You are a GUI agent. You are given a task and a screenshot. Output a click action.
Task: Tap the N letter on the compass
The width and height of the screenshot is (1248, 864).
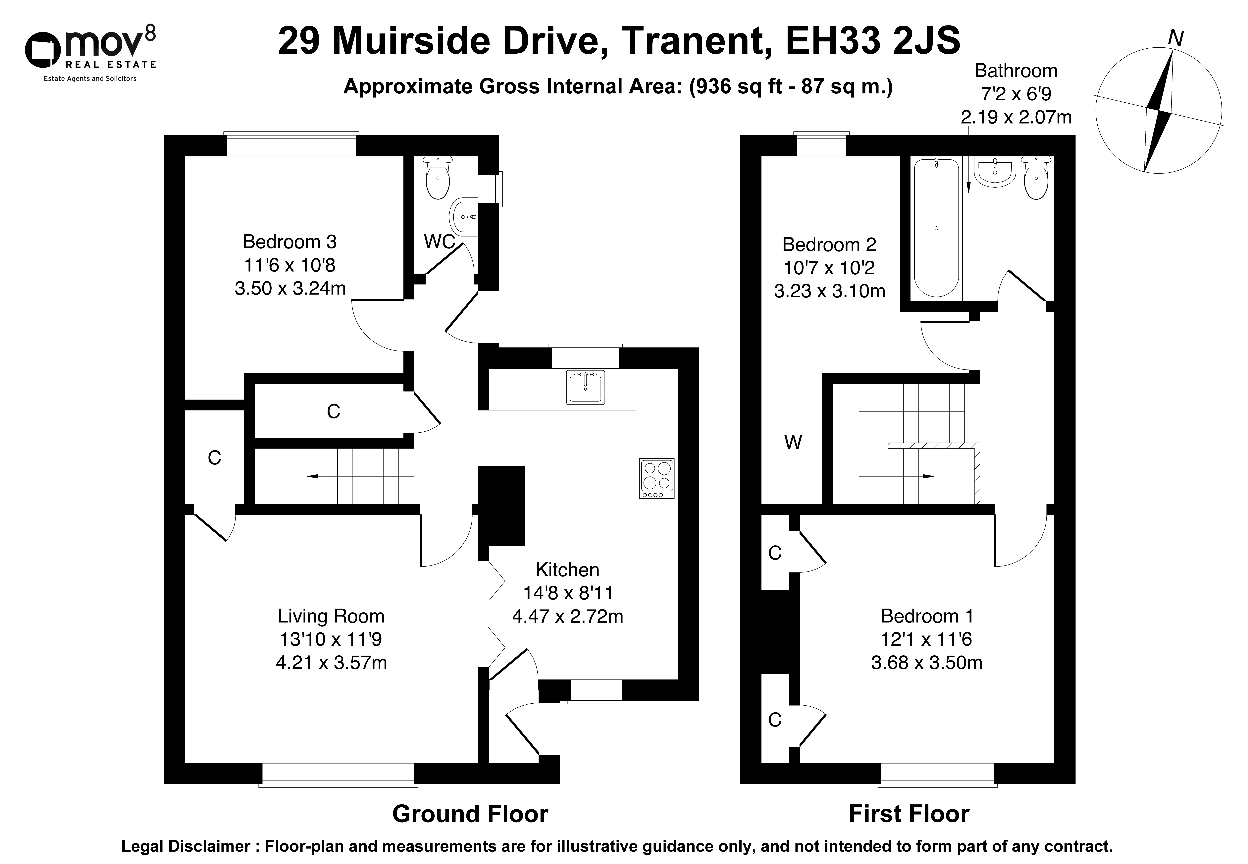[x=1175, y=38]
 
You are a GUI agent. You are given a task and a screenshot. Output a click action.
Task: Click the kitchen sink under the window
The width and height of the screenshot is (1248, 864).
[x=585, y=387]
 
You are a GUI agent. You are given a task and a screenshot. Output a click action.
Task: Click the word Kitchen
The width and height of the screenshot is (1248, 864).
[x=567, y=569]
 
